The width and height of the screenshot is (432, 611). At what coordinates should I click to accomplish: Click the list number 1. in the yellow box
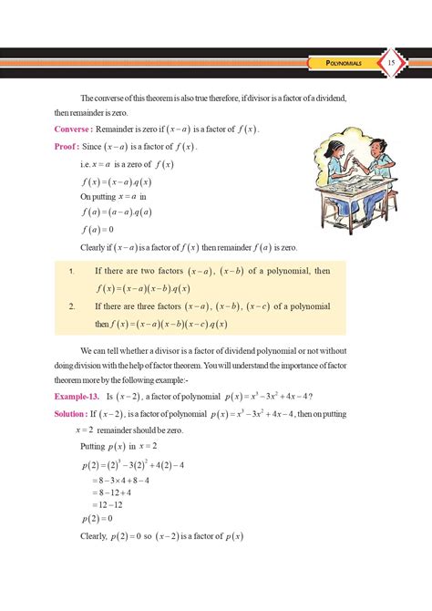[x=71, y=271]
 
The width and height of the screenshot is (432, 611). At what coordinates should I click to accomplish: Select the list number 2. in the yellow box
[x=71, y=306]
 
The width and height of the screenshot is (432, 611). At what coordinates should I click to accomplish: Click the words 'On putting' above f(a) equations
[x=99, y=196]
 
